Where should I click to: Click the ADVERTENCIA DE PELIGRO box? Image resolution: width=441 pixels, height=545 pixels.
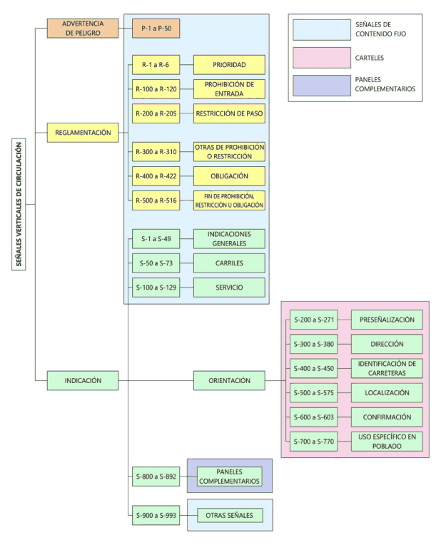click(x=83, y=29)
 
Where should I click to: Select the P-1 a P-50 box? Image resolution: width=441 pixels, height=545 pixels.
click(x=156, y=29)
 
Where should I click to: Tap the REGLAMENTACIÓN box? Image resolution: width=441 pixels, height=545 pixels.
click(x=83, y=133)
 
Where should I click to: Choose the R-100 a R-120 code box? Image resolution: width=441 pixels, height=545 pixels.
click(x=156, y=89)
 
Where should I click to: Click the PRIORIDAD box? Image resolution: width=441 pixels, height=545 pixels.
click(x=229, y=65)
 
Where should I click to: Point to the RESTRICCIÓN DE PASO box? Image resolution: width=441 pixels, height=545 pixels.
click(x=229, y=113)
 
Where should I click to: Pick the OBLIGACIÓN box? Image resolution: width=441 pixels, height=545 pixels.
click(x=229, y=176)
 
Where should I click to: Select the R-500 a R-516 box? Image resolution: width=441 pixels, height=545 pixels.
click(x=156, y=200)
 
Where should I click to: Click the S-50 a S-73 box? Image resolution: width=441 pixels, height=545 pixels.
click(x=156, y=263)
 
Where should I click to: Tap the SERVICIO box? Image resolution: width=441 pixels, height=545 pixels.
click(x=229, y=287)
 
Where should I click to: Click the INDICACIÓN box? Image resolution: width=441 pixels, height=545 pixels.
click(x=83, y=381)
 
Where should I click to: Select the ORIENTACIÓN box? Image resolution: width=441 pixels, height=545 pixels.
click(x=229, y=381)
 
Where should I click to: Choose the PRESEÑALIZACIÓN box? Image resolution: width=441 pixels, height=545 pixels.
click(x=387, y=320)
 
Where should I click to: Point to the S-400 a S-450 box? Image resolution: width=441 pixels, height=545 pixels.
click(x=314, y=368)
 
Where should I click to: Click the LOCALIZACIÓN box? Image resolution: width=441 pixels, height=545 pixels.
click(x=387, y=393)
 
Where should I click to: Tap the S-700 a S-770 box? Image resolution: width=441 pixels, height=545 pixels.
click(x=314, y=442)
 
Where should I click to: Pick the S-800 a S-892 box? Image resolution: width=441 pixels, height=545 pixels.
click(x=156, y=477)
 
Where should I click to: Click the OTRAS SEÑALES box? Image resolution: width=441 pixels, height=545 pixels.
click(x=230, y=515)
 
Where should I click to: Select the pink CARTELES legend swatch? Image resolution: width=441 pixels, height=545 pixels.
click(x=322, y=58)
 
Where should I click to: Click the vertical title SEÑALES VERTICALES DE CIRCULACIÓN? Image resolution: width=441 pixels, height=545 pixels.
click(x=19, y=204)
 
